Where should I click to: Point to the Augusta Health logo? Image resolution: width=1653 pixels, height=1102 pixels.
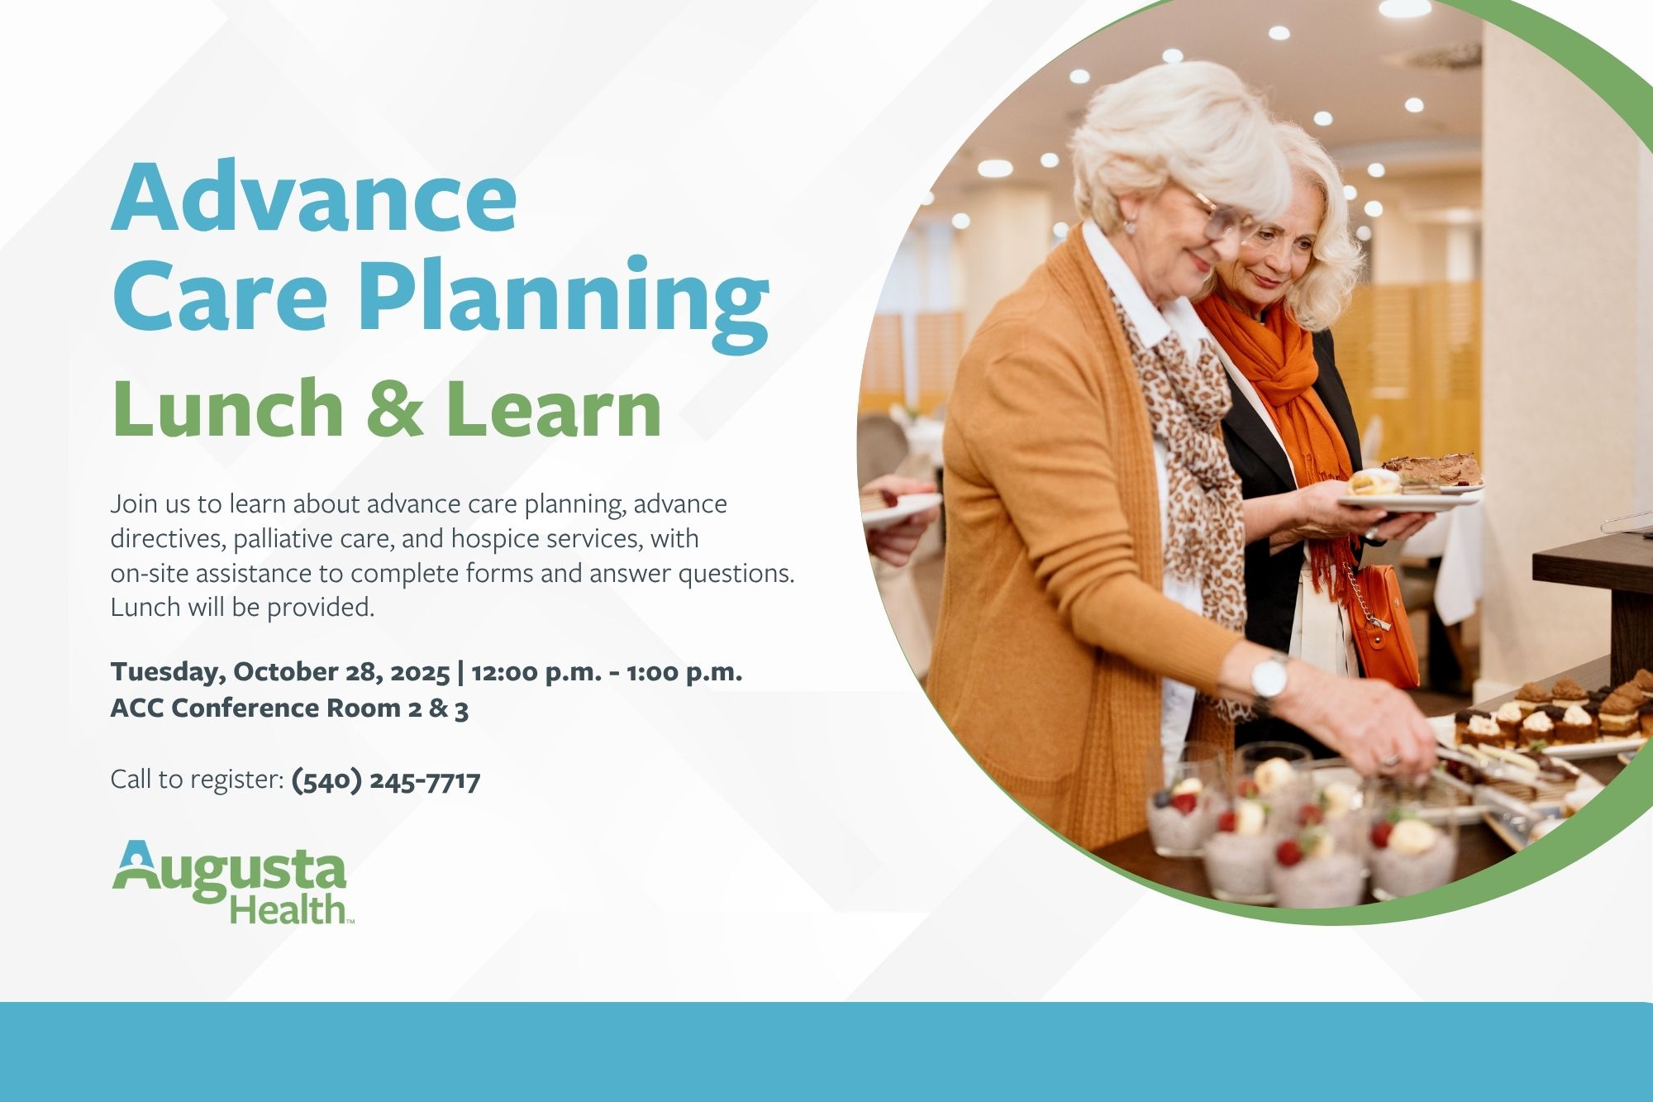click(233, 881)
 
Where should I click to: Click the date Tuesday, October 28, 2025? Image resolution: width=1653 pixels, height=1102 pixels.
click(280, 672)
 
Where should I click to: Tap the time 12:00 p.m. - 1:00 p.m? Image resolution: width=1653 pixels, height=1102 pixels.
click(607, 672)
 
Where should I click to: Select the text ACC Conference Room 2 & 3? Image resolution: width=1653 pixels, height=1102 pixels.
click(289, 708)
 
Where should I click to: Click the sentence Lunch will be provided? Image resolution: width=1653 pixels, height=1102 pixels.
click(243, 608)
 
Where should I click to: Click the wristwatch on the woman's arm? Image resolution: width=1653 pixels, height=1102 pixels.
click(1269, 679)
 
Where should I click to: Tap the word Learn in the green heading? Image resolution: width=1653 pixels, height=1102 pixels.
click(553, 408)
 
